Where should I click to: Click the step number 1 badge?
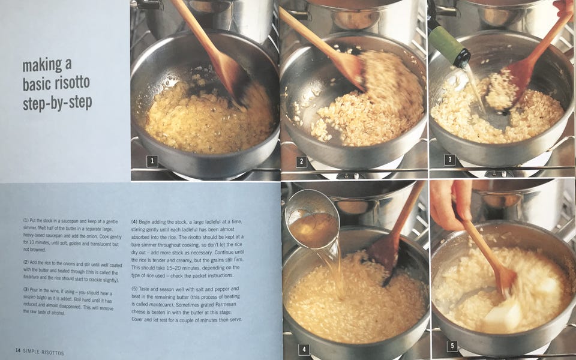click(152, 161)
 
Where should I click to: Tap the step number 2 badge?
click(301, 161)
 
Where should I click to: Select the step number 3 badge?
click(449, 160)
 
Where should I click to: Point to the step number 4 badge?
click(304, 349)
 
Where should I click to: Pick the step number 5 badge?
click(452, 346)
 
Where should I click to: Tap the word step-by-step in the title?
click(57, 103)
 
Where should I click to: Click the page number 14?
click(18, 350)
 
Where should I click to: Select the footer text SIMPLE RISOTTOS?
click(43, 352)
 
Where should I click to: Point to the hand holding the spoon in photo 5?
click(451, 204)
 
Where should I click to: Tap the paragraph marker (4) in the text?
click(134, 222)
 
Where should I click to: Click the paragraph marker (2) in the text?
click(26, 262)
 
